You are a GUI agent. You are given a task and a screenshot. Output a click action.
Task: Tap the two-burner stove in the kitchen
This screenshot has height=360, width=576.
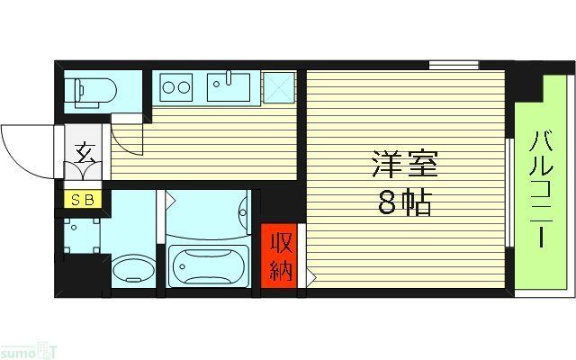(176, 88)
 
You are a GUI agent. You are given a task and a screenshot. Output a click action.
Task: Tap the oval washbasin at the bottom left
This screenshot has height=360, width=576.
(134, 269)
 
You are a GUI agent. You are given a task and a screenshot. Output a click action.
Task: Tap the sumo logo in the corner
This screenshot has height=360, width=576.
(26, 347)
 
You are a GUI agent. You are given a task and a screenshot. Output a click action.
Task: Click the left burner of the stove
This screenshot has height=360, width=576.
(169, 88)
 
